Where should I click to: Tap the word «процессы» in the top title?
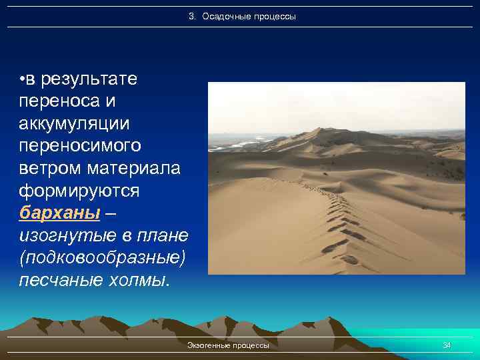pos(273,16)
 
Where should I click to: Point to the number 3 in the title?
pos(191,16)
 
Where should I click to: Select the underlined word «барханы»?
pos(60,213)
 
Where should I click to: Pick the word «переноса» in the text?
pos(55,102)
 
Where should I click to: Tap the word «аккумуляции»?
pos(75,124)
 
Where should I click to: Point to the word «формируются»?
pos(79,191)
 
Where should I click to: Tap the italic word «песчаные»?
pos(60,279)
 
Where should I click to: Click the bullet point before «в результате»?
pos(23,81)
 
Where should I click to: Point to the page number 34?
pos(447,345)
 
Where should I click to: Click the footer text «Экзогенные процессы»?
pos(229,345)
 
